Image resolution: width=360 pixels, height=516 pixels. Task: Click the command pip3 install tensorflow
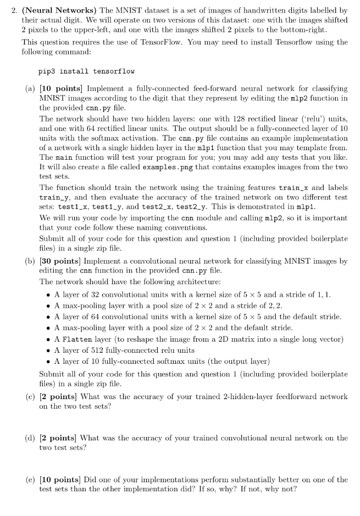[86, 72]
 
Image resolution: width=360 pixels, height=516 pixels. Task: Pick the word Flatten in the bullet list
[76, 339]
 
